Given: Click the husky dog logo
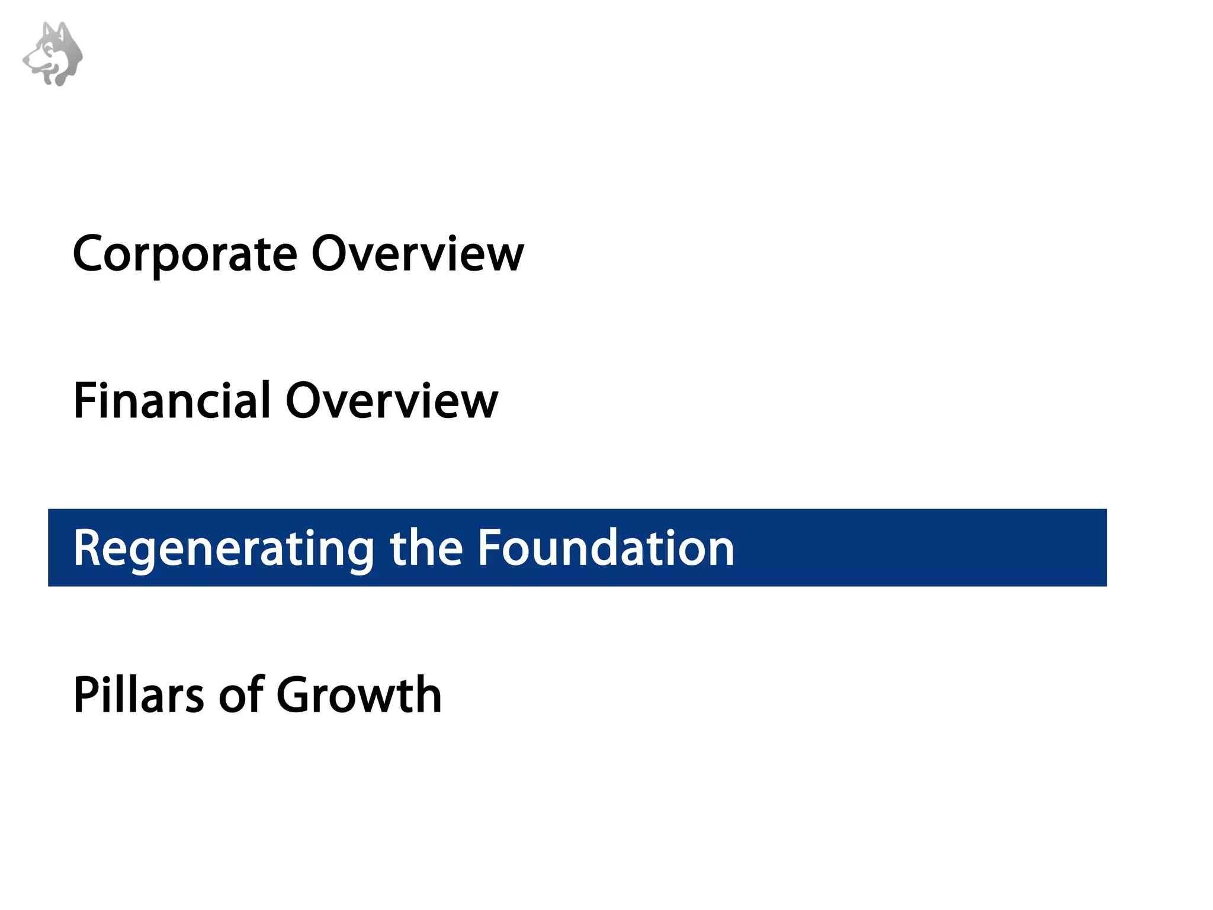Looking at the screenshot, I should pyautogui.click(x=53, y=54).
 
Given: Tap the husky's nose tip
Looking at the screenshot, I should pyautogui.click(x=25, y=59).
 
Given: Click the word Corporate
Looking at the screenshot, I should pyautogui.click(x=184, y=255).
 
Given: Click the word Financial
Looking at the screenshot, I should pyautogui.click(x=172, y=401).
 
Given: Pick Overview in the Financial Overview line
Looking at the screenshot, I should pyautogui.click(x=392, y=401).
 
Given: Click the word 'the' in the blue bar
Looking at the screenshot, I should pyautogui.click(x=426, y=548).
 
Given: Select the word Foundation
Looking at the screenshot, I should pyautogui.click(x=606, y=548).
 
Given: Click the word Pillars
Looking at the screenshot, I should pyautogui.click(x=139, y=694).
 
